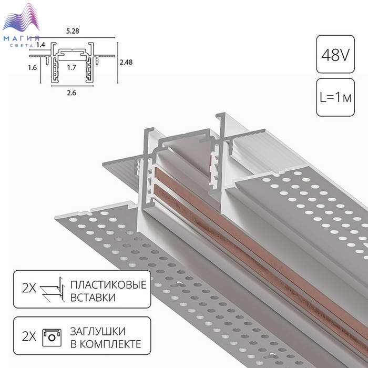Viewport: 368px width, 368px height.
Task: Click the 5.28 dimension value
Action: (x=73, y=31)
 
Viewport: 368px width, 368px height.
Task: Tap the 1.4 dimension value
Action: (x=40, y=45)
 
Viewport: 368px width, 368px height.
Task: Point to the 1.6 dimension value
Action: (x=33, y=68)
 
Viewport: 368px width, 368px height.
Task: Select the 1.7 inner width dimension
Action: (x=71, y=68)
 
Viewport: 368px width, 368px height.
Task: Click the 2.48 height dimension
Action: (x=126, y=62)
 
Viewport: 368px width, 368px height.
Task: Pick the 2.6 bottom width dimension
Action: (x=71, y=93)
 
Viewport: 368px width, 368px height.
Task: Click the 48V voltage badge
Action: (x=335, y=54)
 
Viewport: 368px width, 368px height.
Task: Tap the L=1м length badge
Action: (x=335, y=97)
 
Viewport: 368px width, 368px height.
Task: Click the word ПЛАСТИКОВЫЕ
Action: (x=108, y=285)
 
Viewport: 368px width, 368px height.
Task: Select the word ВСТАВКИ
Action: (x=93, y=298)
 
